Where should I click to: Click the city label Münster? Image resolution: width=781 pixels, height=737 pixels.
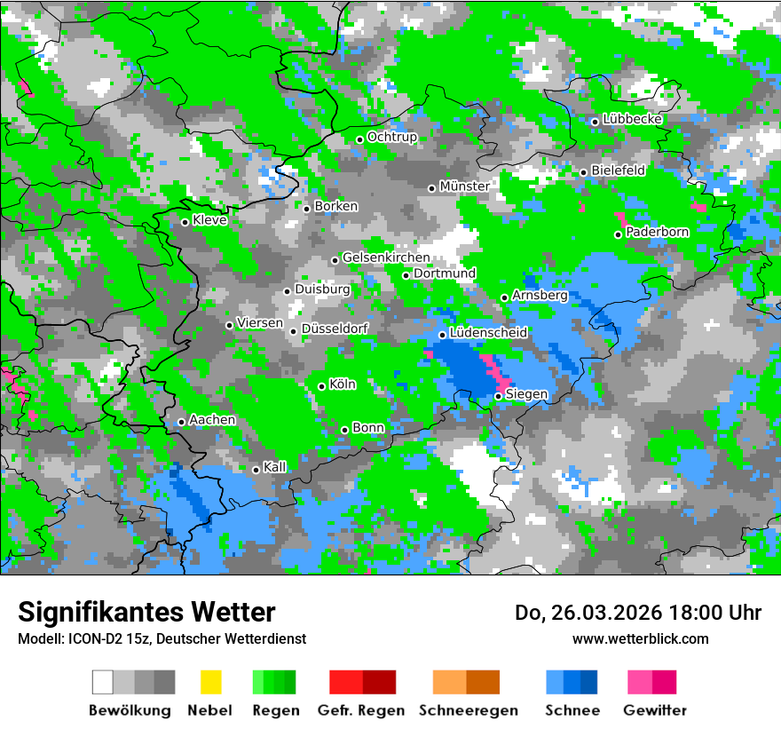pos(464,186)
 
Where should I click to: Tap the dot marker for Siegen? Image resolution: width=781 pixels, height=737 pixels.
pos(499,396)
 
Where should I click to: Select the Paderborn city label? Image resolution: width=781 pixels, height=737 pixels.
pos(658,232)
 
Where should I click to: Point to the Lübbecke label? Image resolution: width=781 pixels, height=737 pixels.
pos(633,119)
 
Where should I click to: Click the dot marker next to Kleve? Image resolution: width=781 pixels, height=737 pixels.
pos(185,222)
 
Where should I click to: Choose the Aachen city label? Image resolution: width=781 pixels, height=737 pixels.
pos(212,419)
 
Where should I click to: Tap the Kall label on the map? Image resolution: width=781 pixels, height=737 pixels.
pos(275,467)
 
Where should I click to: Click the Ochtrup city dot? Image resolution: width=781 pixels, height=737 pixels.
pos(359,139)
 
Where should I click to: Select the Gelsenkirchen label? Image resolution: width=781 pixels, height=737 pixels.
pos(386,258)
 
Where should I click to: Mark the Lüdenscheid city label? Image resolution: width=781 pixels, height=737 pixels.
pos(489,332)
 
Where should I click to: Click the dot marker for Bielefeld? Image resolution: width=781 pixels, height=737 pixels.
pos(583,172)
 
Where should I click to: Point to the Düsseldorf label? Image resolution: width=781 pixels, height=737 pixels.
pos(335,329)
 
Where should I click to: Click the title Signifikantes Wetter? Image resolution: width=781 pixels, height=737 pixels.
pos(146,612)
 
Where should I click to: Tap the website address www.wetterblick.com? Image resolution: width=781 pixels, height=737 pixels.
pos(641,638)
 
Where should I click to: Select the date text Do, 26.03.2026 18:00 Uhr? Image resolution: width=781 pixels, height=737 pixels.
pos(638,613)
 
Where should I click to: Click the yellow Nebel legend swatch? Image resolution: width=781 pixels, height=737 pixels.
pos(210,682)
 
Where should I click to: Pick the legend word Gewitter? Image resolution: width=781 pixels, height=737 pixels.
pos(654,710)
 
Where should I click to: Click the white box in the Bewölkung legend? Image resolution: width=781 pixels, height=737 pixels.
pos(103,682)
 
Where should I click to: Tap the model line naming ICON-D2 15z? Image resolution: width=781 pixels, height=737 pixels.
pos(162,638)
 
